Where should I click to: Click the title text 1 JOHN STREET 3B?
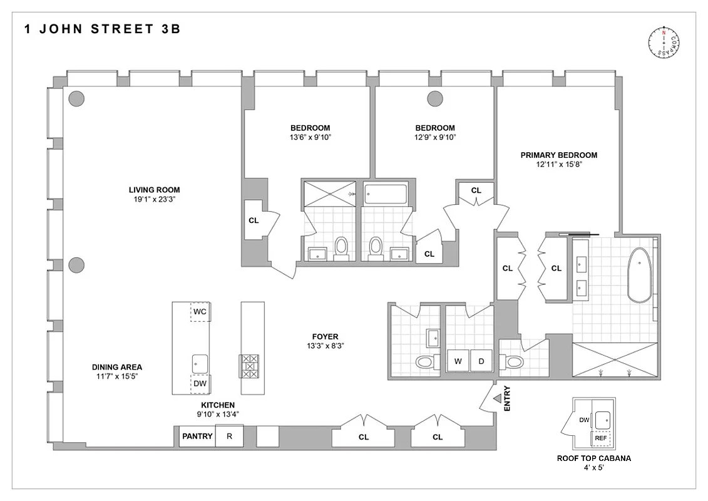point(102,29)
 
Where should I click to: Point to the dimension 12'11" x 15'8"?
point(558,165)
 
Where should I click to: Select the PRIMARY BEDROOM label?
point(558,155)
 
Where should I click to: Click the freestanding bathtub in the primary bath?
point(639,276)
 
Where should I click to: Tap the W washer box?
point(458,361)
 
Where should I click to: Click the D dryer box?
point(481,361)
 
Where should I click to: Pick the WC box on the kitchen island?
point(200,311)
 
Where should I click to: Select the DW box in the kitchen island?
point(200,384)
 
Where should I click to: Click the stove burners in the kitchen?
point(249,366)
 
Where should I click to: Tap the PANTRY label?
point(197,436)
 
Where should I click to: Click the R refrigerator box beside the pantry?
point(229,436)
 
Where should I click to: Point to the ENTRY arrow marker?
point(497,398)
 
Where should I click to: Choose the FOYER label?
point(326,336)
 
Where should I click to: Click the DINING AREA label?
point(117,367)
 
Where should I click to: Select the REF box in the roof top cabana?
point(601,438)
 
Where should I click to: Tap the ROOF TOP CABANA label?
point(593,458)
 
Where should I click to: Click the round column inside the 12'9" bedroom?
point(434,98)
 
